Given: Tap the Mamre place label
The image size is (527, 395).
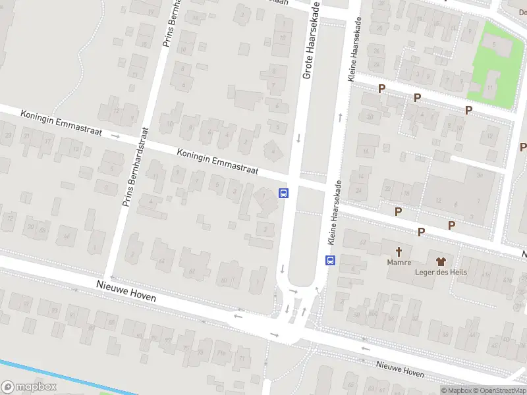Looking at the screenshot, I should pyautogui.click(x=399, y=263).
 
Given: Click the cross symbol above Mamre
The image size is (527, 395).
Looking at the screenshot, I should pyautogui.click(x=399, y=251).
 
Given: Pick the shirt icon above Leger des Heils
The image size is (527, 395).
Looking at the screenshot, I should pyautogui.click(x=440, y=253).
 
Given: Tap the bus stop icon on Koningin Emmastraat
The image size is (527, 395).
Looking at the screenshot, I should pyautogui.click(x=284, y=193).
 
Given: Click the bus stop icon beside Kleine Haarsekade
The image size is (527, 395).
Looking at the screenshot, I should pyautogui.click(x=331, y=260).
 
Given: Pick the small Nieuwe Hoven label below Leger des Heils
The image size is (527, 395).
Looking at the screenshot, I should pyautogui.click(x=400, y=369).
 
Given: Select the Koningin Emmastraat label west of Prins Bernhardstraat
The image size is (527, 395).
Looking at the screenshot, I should pyautogui.click(x=61, y=123).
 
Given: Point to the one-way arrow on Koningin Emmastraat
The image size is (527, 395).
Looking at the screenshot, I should pyautogui.click(x=116, y=136).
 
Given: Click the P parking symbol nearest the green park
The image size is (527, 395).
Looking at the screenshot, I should pyautogui.click(x=468, y=110).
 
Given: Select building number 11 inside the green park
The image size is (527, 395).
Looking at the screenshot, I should pyautogui.click(x=490, y=87).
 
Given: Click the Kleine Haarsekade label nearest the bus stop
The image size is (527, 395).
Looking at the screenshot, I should pyautogui.click(x=335, y=210).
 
